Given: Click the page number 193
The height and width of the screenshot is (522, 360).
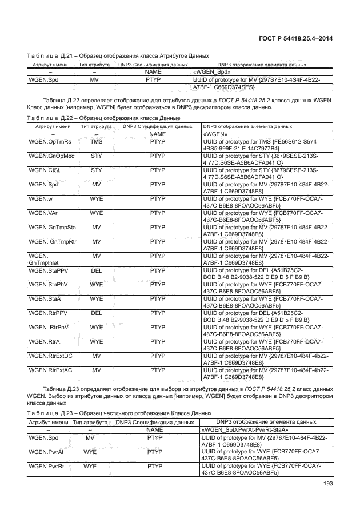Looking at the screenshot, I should (x=327, y=487).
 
